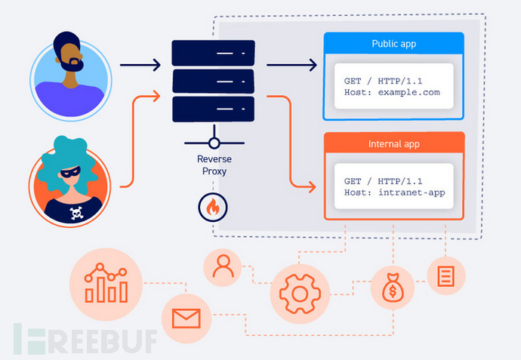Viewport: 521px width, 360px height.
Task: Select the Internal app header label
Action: [x=393, y=143]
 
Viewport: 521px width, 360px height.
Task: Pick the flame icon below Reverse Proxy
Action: [x=214, y=206]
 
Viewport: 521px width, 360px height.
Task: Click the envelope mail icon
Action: [x=184, y=317]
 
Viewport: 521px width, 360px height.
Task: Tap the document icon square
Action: [x=445, y=275]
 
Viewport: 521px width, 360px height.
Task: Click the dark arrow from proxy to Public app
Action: [x=291, y=65]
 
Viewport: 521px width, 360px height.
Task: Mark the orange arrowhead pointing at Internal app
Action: [x=311, y=185]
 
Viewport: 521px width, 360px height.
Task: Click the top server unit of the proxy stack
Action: [x=214, y=52]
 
